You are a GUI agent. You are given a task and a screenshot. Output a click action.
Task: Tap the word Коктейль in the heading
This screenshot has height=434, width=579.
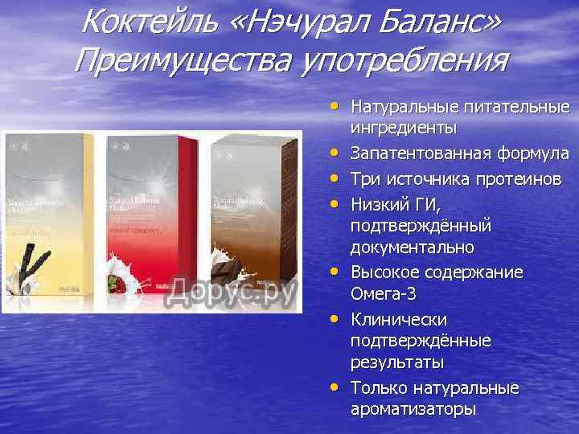coord(150,22)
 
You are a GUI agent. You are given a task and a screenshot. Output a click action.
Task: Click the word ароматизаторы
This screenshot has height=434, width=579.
coord(413,408)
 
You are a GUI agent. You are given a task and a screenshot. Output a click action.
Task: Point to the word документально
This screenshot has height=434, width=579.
coord(413,245)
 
